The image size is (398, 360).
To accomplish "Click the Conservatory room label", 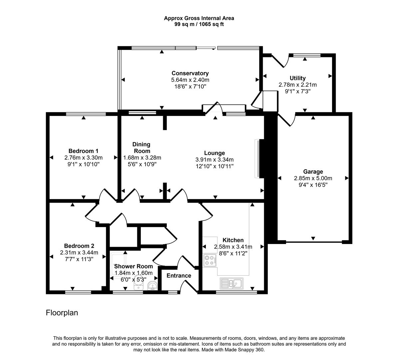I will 190,73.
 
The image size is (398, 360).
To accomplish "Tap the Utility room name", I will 297,78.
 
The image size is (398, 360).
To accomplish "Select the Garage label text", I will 313,172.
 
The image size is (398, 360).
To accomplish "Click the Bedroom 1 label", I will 83,151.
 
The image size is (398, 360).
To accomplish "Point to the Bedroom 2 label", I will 79,246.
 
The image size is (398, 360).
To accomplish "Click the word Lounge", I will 214,153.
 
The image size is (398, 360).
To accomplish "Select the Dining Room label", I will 142,147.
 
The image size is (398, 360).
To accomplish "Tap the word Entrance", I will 179,276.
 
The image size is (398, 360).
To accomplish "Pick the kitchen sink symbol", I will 232,284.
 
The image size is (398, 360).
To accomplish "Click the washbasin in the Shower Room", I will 152,286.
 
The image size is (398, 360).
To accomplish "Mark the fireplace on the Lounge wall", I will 257,158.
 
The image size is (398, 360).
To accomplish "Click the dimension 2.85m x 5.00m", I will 313,178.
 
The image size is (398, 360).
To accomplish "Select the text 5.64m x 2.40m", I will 190,80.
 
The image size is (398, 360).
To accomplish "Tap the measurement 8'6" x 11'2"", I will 233,253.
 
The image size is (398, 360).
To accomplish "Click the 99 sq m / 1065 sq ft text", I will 199,24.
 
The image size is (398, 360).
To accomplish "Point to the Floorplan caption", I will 62,313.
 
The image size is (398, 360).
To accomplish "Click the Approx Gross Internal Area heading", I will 199,18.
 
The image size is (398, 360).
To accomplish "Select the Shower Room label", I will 134,266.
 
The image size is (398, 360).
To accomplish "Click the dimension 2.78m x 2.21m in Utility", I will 297,85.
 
